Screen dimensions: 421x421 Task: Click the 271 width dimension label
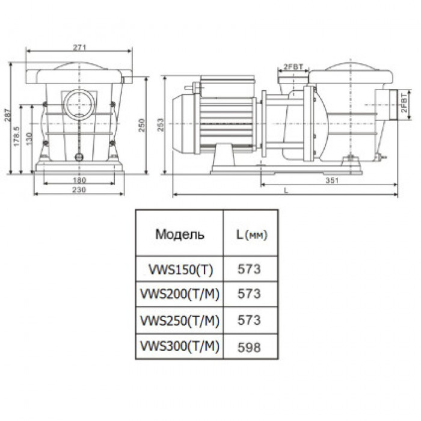coord(80,48)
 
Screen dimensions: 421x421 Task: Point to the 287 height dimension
coord(7,115)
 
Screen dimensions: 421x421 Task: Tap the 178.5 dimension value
coord(17,137)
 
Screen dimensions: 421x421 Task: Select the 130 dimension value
coord(29,138)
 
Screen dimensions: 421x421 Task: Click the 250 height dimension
coord(141,125)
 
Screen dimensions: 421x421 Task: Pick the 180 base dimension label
coord(79,180)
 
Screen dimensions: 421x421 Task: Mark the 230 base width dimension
coord(79,190)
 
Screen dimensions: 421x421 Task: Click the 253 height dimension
coord(161,124)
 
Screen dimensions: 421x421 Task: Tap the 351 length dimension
coord(332,180)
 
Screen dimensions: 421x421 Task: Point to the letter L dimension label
coord(286,191)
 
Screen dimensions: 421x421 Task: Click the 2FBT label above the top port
coord(293,67)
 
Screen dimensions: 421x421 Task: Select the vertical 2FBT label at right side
coord(404,103)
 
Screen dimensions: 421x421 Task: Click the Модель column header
coord(180,234)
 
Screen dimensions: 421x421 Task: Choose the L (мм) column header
coord(251,235)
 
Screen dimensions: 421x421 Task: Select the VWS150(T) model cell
coord(180,269)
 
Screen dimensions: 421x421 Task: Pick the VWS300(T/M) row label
coord(180,346)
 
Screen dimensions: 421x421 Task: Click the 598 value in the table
coord(249,347)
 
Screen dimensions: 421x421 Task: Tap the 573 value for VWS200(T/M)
coord(249,294)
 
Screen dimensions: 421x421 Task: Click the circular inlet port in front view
coord(79,105)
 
